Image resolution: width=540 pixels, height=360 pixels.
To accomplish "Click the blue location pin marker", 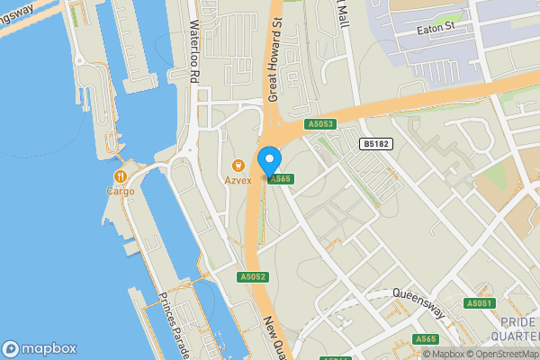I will [x=269, y=162].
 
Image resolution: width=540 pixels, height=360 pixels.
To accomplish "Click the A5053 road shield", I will [x=319, y=124].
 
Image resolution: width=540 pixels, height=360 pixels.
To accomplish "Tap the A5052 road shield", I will [x=253, y=277].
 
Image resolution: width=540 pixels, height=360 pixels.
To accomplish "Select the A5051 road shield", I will [x=480, y=303].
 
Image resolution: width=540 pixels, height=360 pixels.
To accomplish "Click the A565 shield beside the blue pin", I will [x=281, y=179].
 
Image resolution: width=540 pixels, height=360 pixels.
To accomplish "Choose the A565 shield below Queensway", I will [x=426, y=338].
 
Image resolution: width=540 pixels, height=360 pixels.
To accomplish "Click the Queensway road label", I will [x=419, y=303].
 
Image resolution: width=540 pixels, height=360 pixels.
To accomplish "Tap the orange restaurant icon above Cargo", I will [x=119, y=175].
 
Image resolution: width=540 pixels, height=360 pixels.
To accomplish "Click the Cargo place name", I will [x=120, y=191].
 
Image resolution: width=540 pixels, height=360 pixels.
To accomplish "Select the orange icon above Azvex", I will [x=238, y=165].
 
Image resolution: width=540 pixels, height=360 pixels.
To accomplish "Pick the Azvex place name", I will [x=238, y=180].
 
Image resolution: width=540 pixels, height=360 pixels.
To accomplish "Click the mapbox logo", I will [x=40, y=348].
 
